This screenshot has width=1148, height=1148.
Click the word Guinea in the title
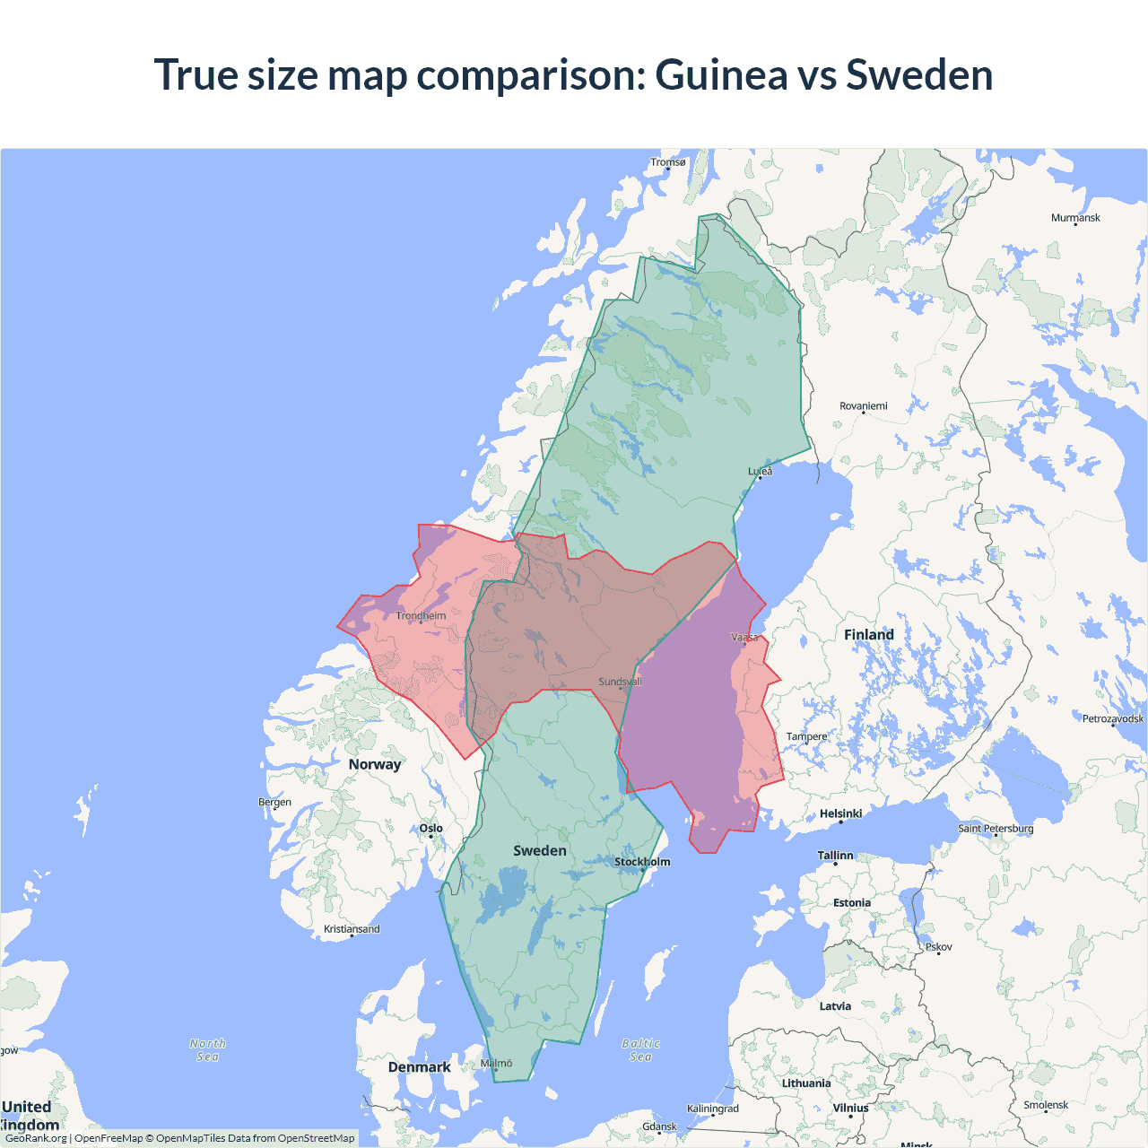click(x=721, y=74)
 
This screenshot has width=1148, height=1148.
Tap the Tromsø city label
click(x=667, y=162)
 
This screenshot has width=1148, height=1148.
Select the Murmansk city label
click(x=1075, y=218)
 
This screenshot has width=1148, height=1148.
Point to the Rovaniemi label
click(x=863, y=406)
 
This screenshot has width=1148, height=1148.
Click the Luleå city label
click(x=760, y=471)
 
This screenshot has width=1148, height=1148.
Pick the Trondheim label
click(x=421, y=616)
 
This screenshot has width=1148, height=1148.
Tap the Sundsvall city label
click(x=620, y=682)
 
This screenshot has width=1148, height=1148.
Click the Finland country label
click(x=868, y=635)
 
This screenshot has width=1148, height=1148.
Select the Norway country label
click(x=375, y=764)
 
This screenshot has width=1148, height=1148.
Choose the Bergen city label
click(x=274, y=802)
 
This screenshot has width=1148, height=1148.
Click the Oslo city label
click(x=430, y=829)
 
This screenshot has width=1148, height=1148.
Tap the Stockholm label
click(x=642, y=862)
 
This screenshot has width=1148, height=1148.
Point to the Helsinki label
click(x=840, y=813)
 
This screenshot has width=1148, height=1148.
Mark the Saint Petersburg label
click(x=996, y=828)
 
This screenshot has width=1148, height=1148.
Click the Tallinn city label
click(x=835, y=856)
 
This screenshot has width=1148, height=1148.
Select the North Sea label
click(x=207, y=1050)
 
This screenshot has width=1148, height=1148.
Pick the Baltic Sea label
click(x=640, y=1050)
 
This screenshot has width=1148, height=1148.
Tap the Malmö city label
click(x=496, y=1064)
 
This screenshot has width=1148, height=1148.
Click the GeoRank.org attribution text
click(x=36, y=1138)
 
